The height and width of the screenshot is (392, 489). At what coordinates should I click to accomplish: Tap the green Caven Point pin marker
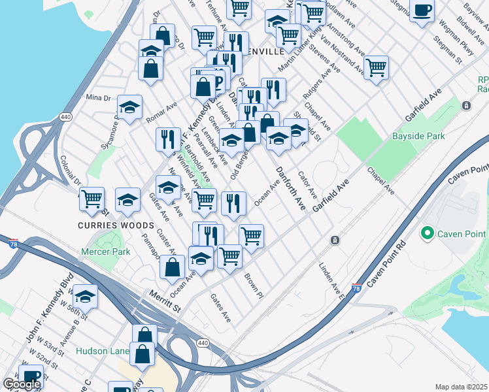point(428,233)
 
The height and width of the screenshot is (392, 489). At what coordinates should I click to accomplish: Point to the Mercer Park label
point(106,251)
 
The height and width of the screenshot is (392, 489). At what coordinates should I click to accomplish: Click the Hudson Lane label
point(102,351)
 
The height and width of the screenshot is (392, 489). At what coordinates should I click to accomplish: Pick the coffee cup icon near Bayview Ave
point(422,10)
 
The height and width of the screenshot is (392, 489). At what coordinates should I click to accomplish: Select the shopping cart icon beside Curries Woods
point(92,197)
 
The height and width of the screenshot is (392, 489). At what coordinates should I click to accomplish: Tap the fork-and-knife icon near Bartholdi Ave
point(168,139)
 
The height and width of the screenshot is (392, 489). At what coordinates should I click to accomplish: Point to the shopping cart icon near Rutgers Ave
point(376,67)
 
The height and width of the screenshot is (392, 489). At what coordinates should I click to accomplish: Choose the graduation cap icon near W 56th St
point(85,297)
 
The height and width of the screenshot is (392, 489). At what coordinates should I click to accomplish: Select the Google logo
point(22,384)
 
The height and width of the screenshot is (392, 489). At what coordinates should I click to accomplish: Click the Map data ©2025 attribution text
point(460,387)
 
